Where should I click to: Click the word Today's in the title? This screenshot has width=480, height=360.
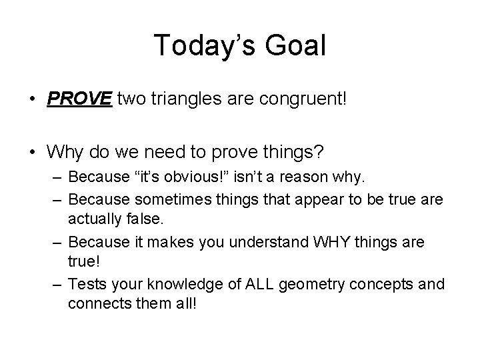[x=198, y=46]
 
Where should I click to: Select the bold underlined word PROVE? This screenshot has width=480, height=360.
[x=80, y=99]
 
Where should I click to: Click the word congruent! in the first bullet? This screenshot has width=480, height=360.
[x=293, y=100]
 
